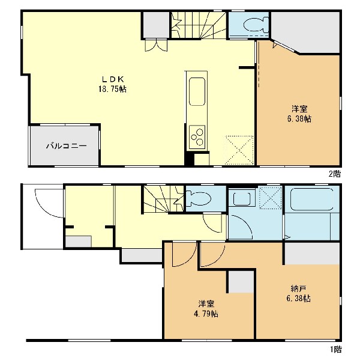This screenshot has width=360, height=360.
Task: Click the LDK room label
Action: click(x=113, y=79)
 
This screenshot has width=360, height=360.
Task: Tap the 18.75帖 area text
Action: click(x=113, y=89)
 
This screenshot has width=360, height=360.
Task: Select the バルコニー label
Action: click(x=67, y=146)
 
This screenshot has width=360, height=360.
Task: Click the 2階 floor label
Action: click(x=335, y=174)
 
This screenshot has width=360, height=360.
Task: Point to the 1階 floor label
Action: click(x=336, y=349)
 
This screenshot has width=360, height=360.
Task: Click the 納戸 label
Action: click(x=298, y=288)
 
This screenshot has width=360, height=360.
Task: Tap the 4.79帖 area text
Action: click(x=205, y=314)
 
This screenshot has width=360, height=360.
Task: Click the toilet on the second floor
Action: click(x=256, y=25)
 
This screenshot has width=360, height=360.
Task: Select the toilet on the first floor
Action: click(x=199, y=198)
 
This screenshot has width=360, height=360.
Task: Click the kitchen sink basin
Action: click(x=197, y=91)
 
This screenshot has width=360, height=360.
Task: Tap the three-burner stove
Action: click(x=197, y=136)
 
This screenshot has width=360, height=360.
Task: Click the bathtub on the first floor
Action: click(x=312, y=199)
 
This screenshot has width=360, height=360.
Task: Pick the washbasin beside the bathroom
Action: click(x=242, y=198)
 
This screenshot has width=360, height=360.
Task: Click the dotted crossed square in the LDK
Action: click(x=239, y=150)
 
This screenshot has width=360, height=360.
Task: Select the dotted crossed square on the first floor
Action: click(x=270, y=198)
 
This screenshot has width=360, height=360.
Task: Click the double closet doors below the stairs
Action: click(x=156, y=45)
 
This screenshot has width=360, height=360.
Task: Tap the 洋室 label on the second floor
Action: click(x=299, y=109)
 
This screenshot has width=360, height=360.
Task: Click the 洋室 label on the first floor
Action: click(x=206, y=304)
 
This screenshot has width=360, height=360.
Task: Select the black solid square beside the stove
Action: click(x=189, y=159)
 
